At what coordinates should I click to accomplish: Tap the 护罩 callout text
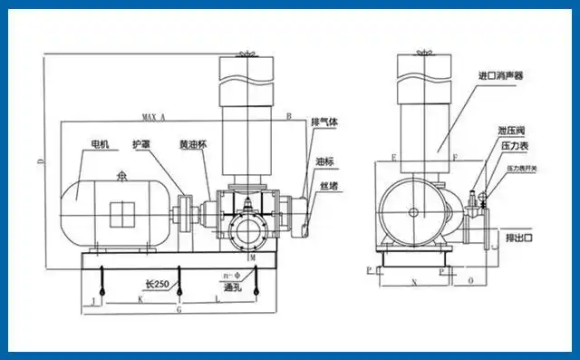pyautogui.click(x=140, y=144)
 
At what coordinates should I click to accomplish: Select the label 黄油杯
pyautogui.click(x=191, y=144)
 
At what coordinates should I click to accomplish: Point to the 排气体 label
pyautogui.click(x=324, y=122)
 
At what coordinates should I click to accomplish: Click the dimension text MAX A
pyautogui.click(x=155, y=118)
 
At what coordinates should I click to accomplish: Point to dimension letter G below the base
pyautogui.click(x=179, y=308)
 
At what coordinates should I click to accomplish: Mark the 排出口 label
pyautogui.click(x=519, y=238)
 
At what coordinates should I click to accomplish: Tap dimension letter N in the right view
pyautogui.click(x=414, y=283)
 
